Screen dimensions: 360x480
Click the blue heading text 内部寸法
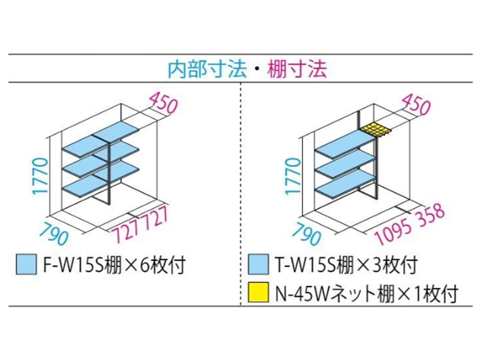coord(207,69)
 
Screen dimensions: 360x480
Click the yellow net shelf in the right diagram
coord(375,130)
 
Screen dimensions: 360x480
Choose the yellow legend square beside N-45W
coord(257,294)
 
